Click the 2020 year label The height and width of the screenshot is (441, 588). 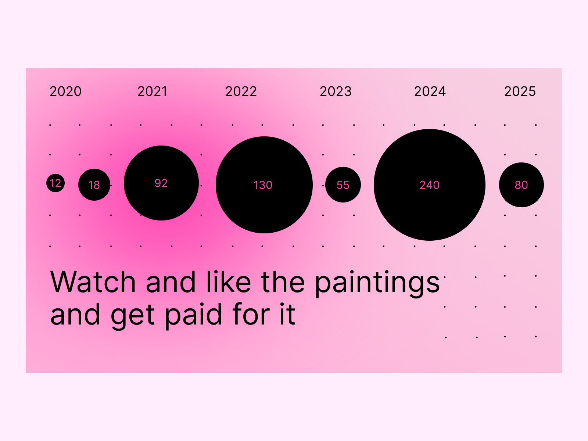pos(66,91)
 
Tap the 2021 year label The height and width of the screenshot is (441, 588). pos(153,91)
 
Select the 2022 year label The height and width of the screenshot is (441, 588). pos(241,91)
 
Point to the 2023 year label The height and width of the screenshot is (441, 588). pos(336,91)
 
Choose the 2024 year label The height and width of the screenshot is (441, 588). pos(430,91)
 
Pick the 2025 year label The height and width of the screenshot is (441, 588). pos(520,91)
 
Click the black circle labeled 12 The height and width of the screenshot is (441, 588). pos(55,183)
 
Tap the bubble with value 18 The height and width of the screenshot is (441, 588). pos(94,184)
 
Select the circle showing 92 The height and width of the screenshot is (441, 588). pos(161,183)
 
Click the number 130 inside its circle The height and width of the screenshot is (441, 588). pos(263,185)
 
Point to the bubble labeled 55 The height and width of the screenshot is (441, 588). pos(343,184)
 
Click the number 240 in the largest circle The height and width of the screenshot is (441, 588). pos(430,185)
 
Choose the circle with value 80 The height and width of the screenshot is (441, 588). pos(521,185)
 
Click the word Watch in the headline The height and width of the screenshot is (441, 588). pos(93,282)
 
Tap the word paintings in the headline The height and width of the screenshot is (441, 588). pos(377,284)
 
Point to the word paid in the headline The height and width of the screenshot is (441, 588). pos(193,316)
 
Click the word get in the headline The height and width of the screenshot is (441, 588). pos(133,317)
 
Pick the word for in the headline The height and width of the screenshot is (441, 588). pos(251,314)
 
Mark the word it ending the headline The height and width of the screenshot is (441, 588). pos(287,314)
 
